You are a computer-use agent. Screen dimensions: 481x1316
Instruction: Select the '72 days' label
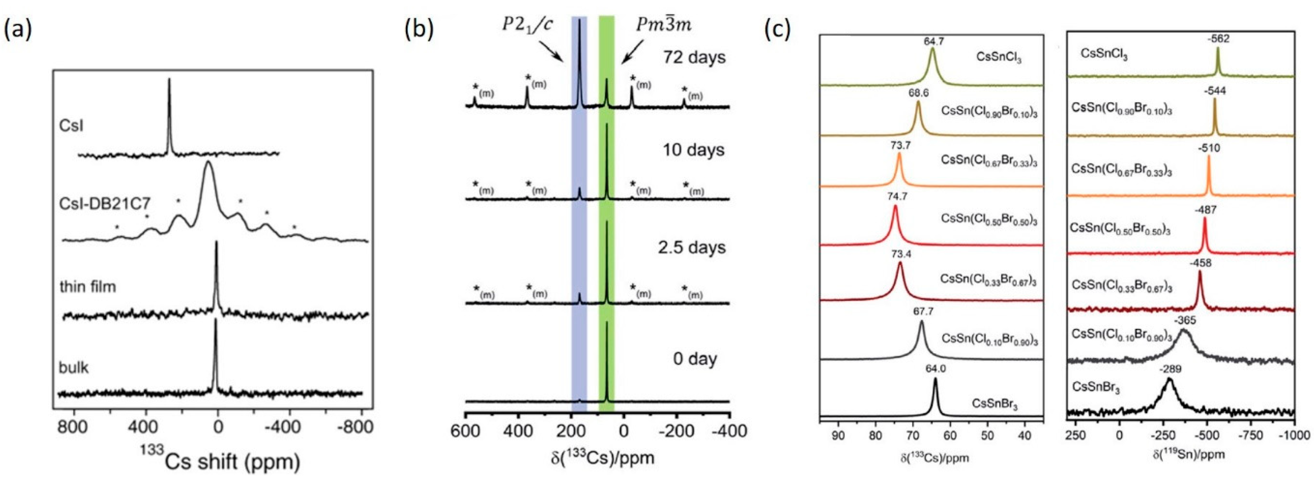coord(694,57)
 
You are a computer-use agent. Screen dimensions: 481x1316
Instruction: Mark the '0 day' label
coord(695,359)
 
